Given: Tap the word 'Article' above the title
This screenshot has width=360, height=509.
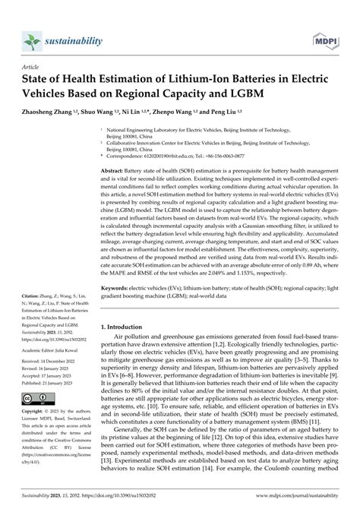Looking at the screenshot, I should coord(36,67).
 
